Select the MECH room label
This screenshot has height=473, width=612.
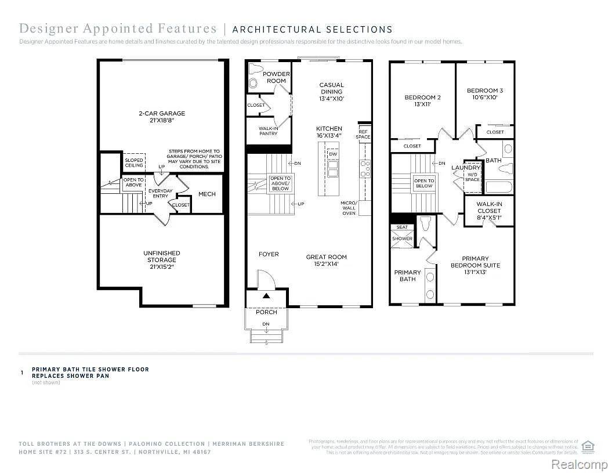click(x=207, y=194)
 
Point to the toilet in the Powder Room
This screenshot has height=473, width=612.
click(x=254, y=78)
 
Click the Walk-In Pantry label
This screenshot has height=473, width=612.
click(x=268, y=131)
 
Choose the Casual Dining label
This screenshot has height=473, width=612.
click(x=331, y=92)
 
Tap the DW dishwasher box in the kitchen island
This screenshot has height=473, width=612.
click(x=333, y=154)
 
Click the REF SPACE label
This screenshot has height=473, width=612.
click(x=364, y=134)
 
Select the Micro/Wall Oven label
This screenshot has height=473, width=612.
click(x=349, y=208)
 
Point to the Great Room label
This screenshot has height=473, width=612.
click(x=326, y=260)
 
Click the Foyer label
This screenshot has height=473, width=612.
click(x=269, y=254)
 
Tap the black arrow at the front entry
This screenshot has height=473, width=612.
click(x=266, y=296)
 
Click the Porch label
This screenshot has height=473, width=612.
click(x=266, y=312)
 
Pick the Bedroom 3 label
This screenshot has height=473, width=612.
click(x=485, y=94)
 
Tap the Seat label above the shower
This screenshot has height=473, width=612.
click(x=402, y=228)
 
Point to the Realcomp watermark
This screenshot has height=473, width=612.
click(x=578, y=464)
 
